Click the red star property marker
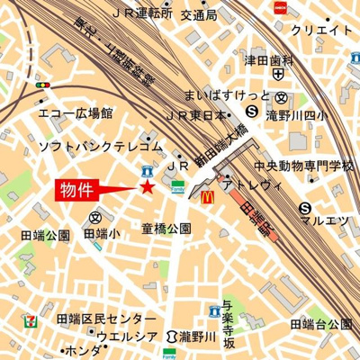147,186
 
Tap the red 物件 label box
80,189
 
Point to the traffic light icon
41,85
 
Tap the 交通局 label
198,15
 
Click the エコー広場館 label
76,114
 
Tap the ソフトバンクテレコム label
101,145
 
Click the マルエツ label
325,219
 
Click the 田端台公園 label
320,323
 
